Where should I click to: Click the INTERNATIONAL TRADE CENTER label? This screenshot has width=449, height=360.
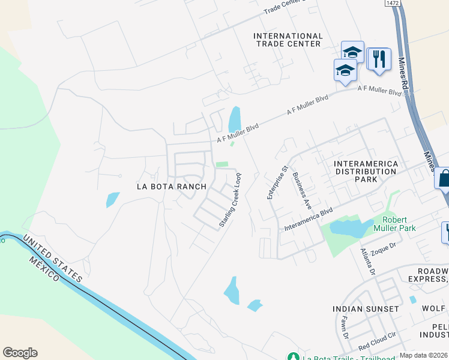(288, 40)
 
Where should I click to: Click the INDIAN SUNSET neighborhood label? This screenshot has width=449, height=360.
(366, 308)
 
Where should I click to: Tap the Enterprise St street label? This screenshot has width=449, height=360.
(277, 182)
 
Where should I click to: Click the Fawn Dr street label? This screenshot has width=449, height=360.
(345, 329)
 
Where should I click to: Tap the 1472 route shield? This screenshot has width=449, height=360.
(393, 3)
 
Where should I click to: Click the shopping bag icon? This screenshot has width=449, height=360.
(444, 178)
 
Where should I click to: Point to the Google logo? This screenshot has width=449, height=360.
(20, 353)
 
